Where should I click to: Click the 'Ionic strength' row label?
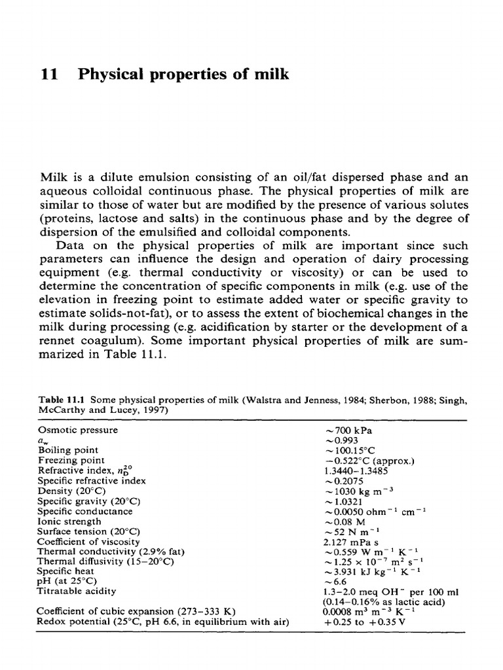(x=69, y=521)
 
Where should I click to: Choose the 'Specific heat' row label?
(x=66, y=571)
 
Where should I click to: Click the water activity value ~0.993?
(x=341, y=440)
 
